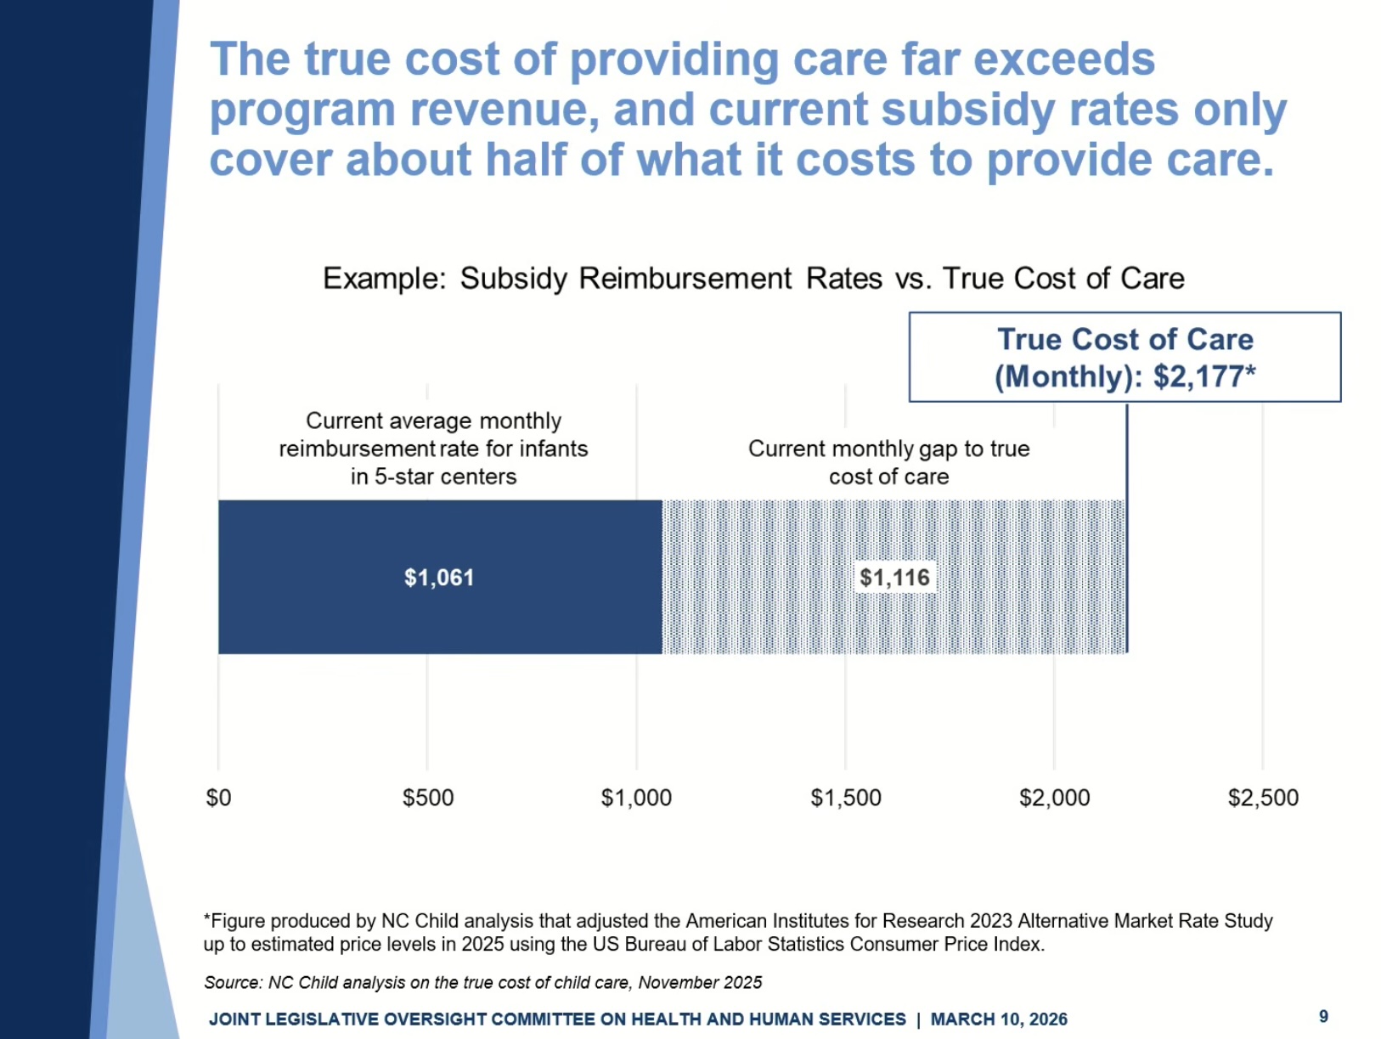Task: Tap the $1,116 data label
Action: coord(894,578)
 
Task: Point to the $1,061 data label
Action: coord(439,578)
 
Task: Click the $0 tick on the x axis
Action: coord(218,798)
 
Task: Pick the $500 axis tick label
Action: coord(428,798)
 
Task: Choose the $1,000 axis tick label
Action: coord(636,798)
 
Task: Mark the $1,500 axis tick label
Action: coord(846,798)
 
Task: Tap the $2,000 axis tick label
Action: coord(1054,798)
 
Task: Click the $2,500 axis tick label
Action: coord(1263,798)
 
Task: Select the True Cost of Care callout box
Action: coord(1125,357)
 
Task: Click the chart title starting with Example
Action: coord(753,279)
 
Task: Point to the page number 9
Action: coord(1323,1016)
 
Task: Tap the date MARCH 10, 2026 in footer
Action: coord(999,1019)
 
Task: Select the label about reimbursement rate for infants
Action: coord(433,449)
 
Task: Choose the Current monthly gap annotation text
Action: coord(888,462)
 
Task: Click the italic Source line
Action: coord(482,983)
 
